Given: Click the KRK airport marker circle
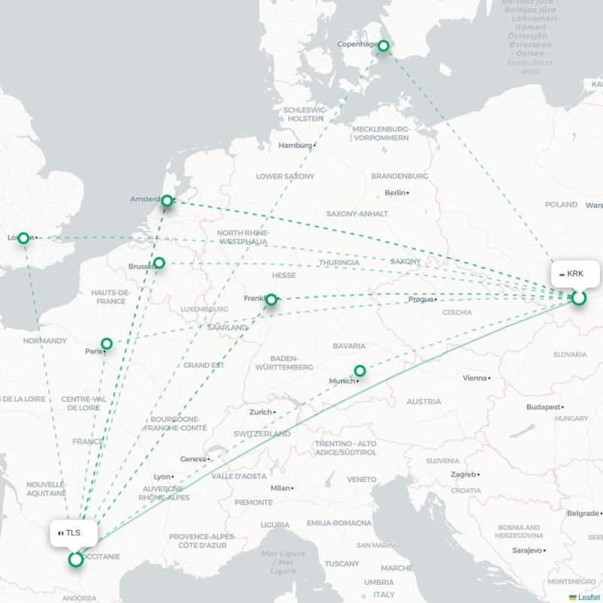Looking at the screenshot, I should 578,298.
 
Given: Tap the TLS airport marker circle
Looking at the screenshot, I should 75,559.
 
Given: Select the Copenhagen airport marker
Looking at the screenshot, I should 383,46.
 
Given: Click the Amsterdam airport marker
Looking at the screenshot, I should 167,201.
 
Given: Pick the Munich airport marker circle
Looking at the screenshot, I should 360,371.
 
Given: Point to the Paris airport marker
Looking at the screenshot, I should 107,344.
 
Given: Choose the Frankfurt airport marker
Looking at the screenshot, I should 271,299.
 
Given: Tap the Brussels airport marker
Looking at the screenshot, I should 159,263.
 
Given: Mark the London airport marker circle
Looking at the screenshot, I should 23,238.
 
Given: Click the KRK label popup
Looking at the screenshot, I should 577,274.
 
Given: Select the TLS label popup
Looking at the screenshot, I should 73,533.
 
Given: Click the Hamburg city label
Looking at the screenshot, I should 295,145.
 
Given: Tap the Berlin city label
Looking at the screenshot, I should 395,193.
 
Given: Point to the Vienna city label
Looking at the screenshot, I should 475,378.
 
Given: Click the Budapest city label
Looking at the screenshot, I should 543,407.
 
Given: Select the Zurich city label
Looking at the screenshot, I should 261,412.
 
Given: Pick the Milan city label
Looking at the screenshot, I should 280,488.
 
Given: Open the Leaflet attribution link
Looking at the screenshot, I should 589,597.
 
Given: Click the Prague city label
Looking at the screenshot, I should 421,299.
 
